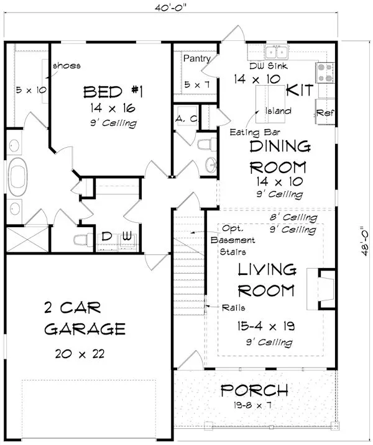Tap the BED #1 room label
[x=114, y=92]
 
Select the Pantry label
[x=196, y=58]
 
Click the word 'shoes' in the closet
[x=67, y=66]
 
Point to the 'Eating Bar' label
[x=249, y=132]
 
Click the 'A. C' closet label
[x=185, y=118]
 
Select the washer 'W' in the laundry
[x=127, y=236]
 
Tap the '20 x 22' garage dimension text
[x=76, y=354]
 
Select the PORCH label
[x=254, y=391]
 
